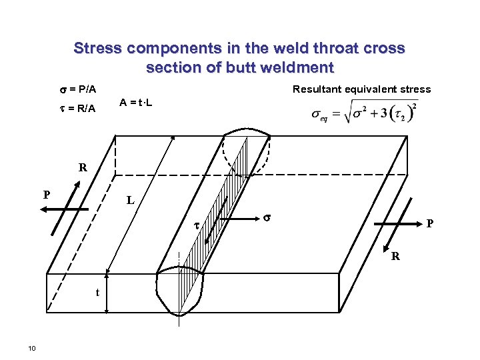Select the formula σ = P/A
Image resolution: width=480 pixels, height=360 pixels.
[75, 89]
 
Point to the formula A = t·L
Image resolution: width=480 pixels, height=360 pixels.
[136, 102]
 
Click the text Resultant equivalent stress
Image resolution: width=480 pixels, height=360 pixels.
[362, 89]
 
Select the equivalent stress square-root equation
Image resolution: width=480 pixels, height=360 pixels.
[365, 113]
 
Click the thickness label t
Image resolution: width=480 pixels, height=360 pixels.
[97, 291]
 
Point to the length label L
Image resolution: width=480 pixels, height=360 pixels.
[131, 200]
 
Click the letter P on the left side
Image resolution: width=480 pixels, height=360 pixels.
[46, 195]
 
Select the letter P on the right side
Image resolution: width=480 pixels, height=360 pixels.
[431, 225]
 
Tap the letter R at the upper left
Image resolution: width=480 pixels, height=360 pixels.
[83, 168]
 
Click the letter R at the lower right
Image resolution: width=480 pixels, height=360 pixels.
[396, 255]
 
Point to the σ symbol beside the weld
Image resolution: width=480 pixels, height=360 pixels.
[266, 217]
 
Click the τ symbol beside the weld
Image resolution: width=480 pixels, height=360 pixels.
[197, 227]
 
